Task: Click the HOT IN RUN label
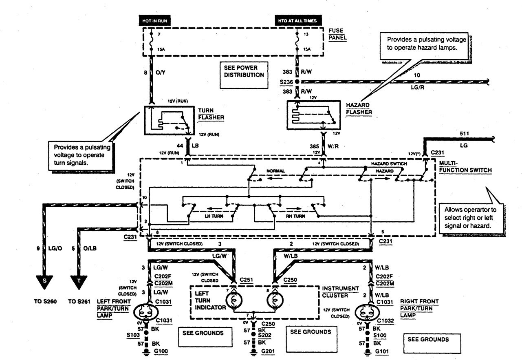click(x=155, y=20)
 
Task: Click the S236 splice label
click(x=286, y=82)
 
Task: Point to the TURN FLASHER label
click(x=209, y=114)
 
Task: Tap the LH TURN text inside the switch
click(x=214, y=216)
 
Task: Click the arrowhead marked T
click(x=79, y=281)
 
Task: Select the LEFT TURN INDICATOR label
click(x=209, y=300)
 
